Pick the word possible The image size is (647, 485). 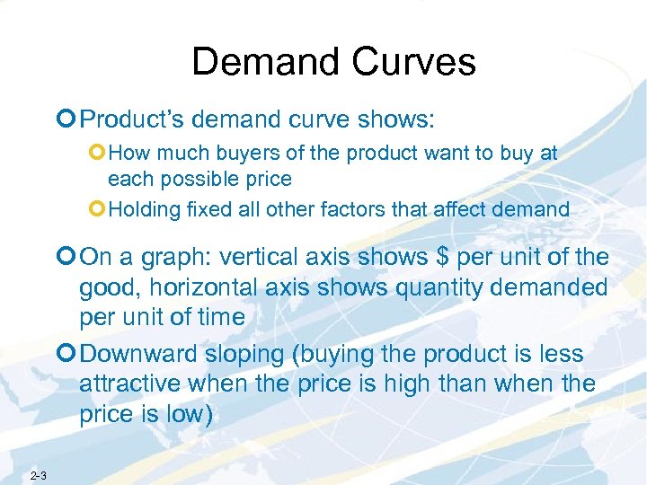click(189, 179)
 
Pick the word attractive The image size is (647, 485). click(130, 384)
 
